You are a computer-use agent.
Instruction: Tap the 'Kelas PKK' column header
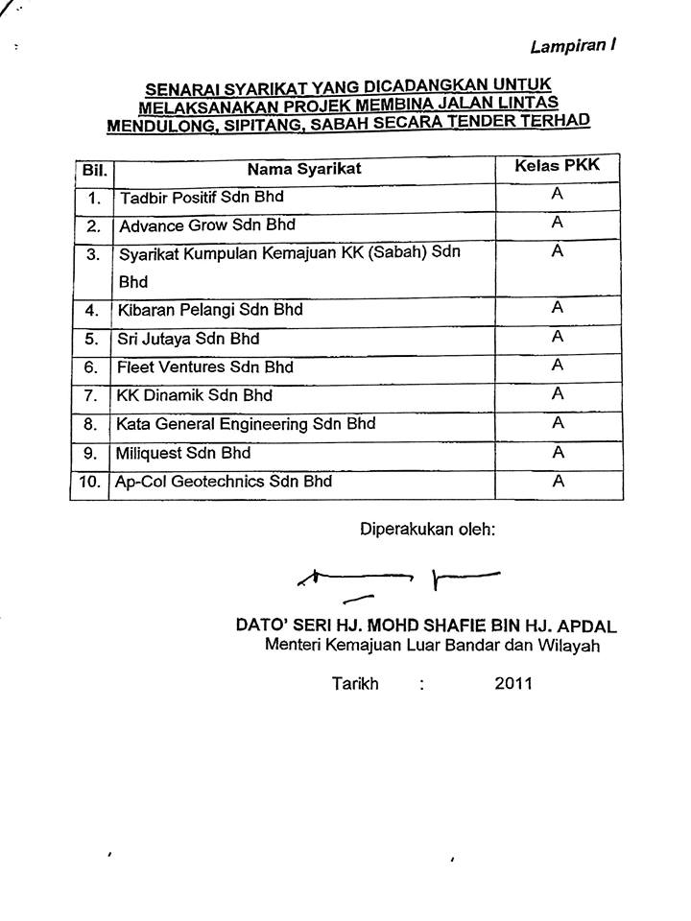pos(557,166)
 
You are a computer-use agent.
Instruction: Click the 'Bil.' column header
pos(93,174)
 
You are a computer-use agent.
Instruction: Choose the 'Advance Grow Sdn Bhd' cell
pos(206,226)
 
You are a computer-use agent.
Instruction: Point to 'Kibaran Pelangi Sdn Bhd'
pos(209,310)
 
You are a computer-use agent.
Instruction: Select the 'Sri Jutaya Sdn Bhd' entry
pos(188,339)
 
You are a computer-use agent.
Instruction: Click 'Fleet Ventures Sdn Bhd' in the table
pos(204,366)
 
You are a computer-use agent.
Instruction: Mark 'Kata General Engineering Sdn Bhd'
pos(246,423)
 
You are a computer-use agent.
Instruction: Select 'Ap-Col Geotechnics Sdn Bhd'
pos(223,481)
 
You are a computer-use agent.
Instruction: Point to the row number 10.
pos(91,482)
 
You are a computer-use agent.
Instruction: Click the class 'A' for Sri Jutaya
pos(557,336)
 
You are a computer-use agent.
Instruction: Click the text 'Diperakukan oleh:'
pos(427,529)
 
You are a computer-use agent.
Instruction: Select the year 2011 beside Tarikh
pos(513,684)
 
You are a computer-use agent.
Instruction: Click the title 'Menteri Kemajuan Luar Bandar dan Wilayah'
pos(432,646)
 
